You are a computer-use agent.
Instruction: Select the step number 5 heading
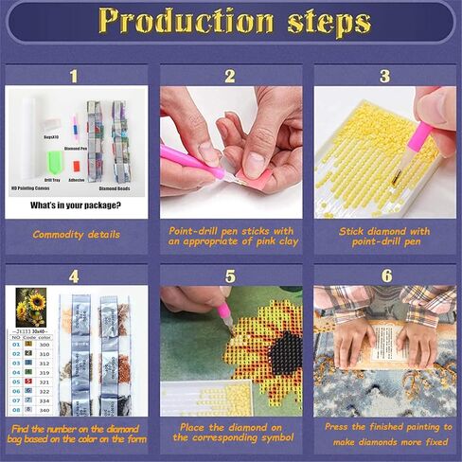[230, 276]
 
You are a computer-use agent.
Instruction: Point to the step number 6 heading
[383, 276]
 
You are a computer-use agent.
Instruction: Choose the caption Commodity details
[76, 234]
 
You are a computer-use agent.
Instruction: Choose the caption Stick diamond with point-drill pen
[383, 236]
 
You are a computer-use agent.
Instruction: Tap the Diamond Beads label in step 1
[116, 189]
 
